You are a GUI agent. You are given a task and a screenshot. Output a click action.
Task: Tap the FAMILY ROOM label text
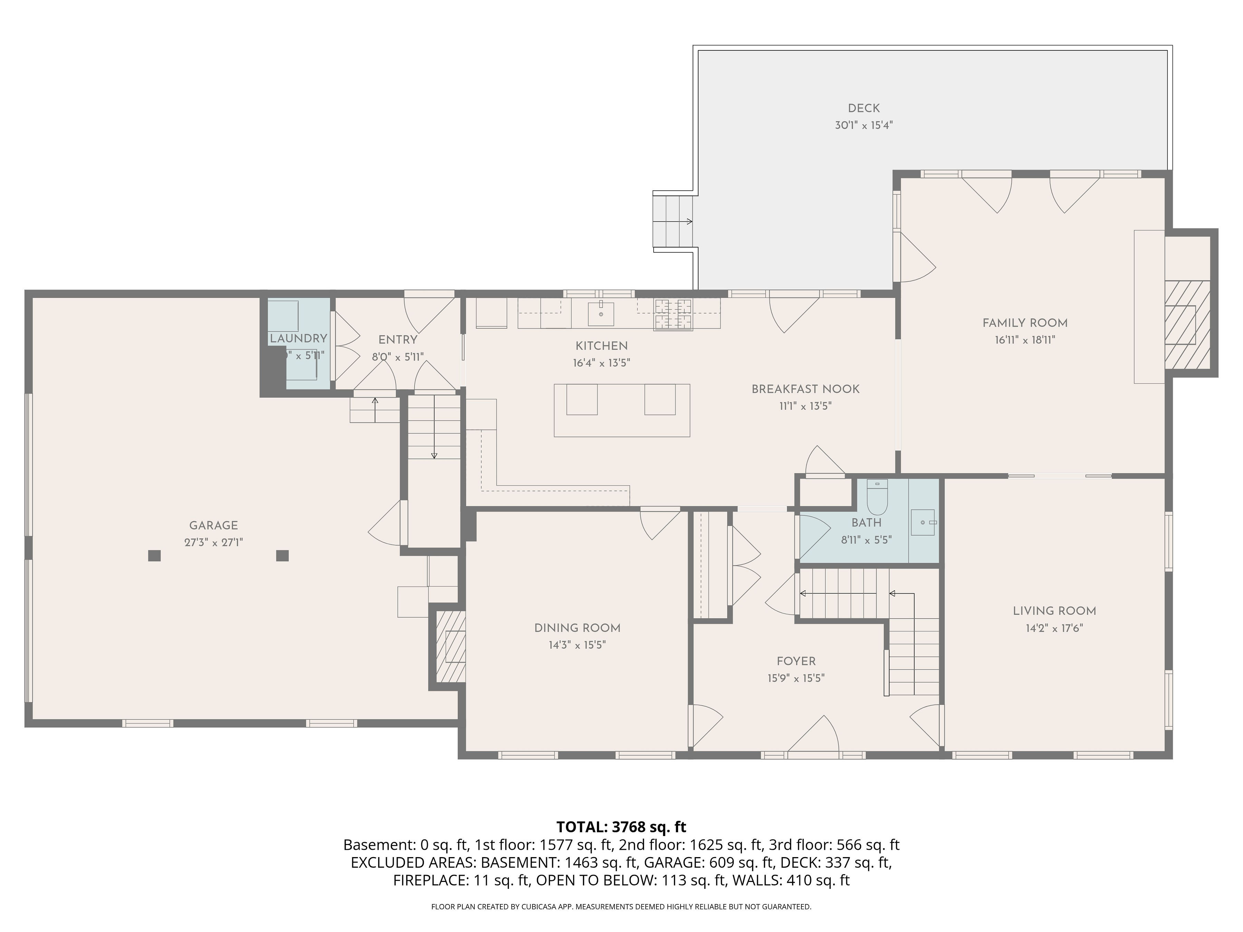pos(1025,323)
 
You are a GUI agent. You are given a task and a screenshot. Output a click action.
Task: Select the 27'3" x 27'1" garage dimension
pos(213,543)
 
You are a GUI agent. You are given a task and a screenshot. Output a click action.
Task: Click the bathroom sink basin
pos(923,523)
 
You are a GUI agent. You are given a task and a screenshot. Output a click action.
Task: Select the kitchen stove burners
pos(673,314)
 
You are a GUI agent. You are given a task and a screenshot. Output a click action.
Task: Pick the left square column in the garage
pos(155,556)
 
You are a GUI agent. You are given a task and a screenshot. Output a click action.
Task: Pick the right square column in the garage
pos(283,556)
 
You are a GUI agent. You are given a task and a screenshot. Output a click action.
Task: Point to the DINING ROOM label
pos(577,628)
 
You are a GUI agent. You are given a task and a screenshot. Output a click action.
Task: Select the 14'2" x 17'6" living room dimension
pos(1054,628)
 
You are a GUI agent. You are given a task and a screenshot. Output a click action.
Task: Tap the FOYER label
pos(796,661)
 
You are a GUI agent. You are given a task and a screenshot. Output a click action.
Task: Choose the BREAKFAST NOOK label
pos(805,389)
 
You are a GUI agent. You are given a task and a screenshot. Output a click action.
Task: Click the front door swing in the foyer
pos(814,733)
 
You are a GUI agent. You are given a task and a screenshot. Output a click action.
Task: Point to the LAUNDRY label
pos(298,338)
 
